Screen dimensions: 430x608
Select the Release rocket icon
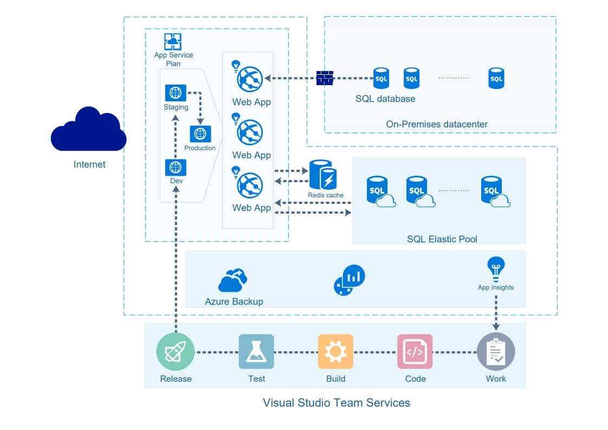click(x=176, y=351)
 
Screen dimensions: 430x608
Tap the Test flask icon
click(x=256, y=351)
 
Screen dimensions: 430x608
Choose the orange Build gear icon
click(x=335, y=351)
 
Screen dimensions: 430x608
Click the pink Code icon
click(x=415, y=351)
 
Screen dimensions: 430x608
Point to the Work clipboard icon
click(x=495, y=351)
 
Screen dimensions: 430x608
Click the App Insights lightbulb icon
click(x=495, y=268)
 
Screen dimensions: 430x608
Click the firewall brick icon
click(x=325, y=78)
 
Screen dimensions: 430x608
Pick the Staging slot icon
click(x=175, y=93)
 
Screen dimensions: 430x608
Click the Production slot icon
click(x=200, y=133)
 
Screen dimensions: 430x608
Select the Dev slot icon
click(x=175, y=168)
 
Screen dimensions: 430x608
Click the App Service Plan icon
click(x=172, y=42)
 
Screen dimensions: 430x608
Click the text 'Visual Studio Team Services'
click(x=336, y=403)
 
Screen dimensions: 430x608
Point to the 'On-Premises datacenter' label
click(x=437, y=124)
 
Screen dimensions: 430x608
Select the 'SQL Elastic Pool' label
click(x=442, y=239)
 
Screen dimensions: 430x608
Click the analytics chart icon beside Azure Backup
click(x=350, y=280)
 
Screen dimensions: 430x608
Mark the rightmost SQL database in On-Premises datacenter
click(x=496, y=79)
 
